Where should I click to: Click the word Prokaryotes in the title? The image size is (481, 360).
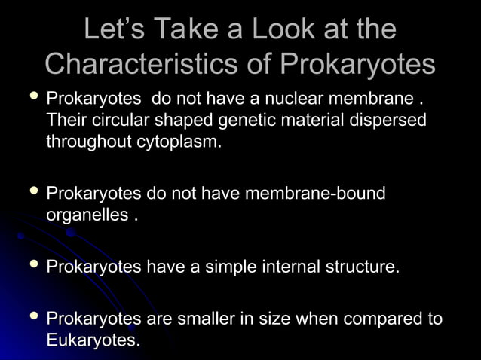click(x=358, y=63)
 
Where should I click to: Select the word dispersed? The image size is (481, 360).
click(x=388, y=121)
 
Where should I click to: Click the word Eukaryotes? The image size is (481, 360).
click(x=92, y=340)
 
